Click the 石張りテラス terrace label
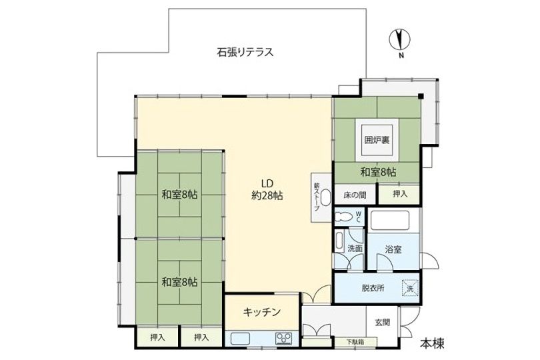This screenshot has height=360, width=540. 246,51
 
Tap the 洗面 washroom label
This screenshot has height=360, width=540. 355,248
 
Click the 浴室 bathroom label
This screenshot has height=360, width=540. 393,249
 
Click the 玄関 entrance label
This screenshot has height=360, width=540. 383,323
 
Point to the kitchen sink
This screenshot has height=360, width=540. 243,339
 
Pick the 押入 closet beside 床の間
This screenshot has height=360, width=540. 399,194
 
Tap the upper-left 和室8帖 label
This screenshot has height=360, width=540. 179,195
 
